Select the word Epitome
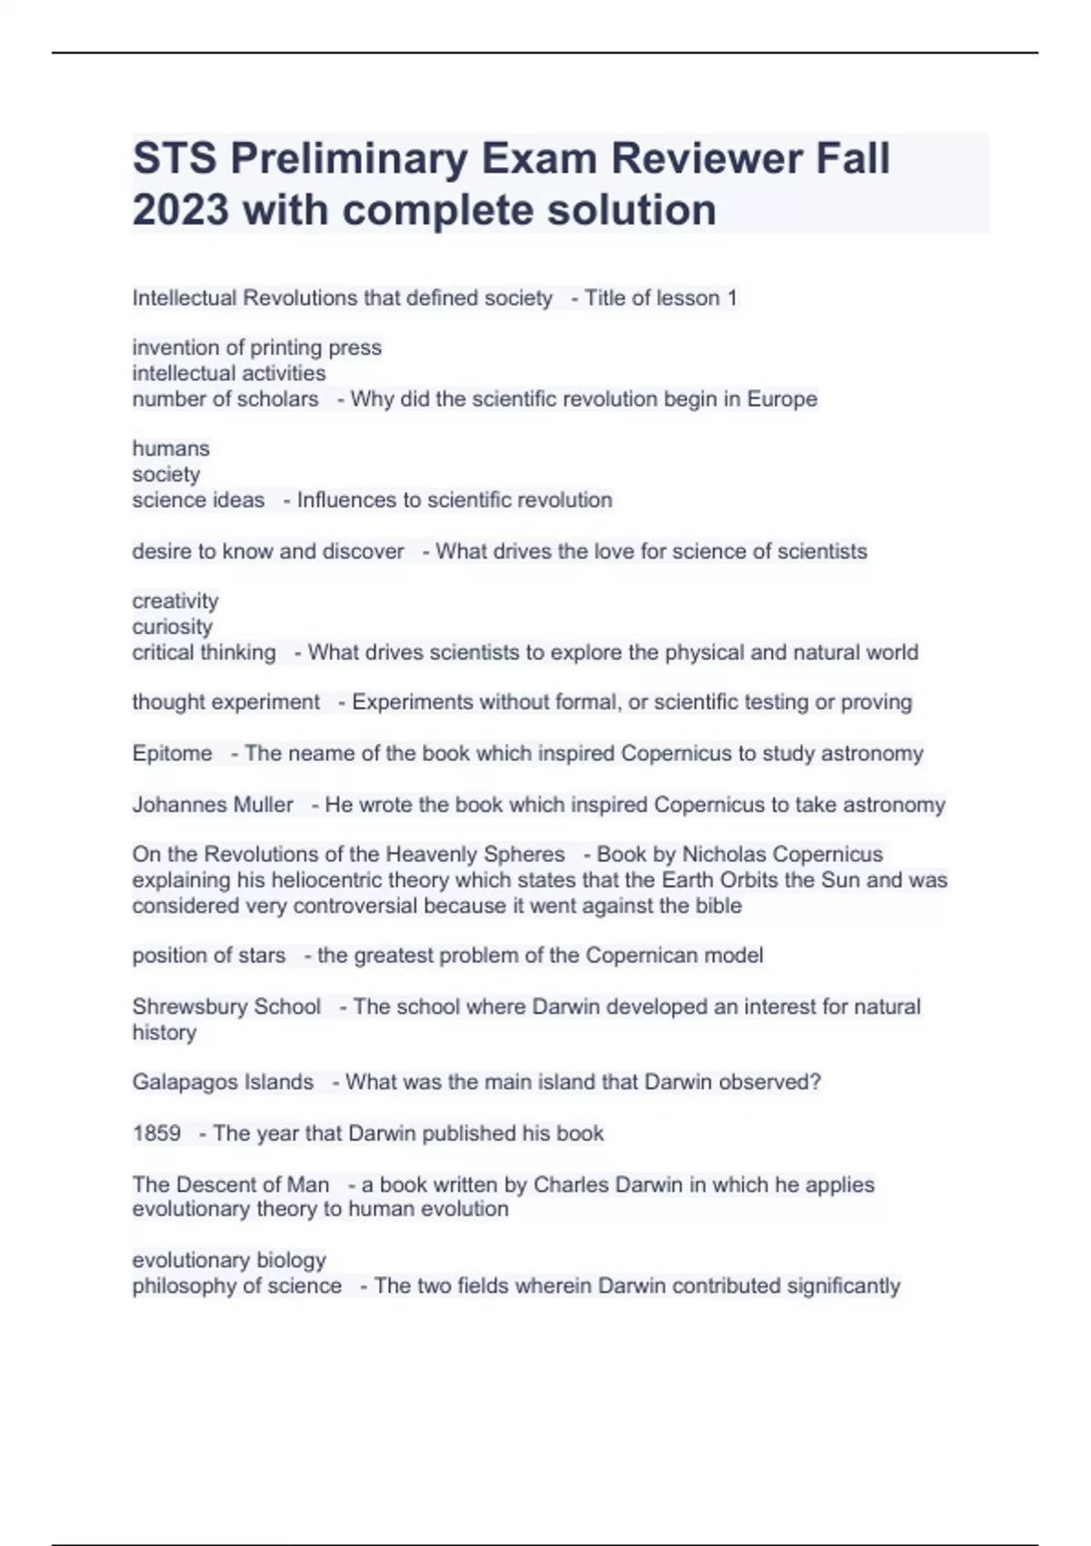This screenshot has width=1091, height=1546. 172,753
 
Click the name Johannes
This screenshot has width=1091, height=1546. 169,805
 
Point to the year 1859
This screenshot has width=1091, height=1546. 156,1133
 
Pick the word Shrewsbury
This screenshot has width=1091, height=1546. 176,1007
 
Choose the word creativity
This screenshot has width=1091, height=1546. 175,601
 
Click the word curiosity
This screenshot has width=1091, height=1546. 173,627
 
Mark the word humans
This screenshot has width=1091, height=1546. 171,448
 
